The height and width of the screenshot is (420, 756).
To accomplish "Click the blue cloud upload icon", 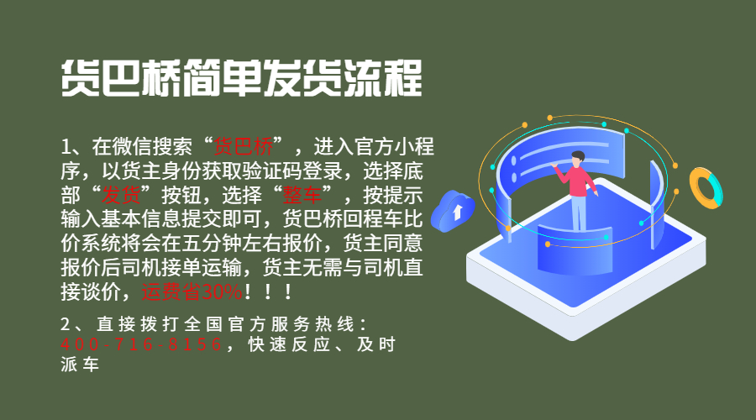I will click(x=453, y=211).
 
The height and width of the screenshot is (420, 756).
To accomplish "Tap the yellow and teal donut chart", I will click(x=706, y=188).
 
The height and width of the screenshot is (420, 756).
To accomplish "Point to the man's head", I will click(x=578, y=157).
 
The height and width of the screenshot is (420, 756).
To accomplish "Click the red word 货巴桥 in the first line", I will click(x=244, y=146).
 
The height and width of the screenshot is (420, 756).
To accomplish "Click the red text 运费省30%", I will click(x=192, y=292).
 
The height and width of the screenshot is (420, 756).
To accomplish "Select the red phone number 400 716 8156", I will click(x=142, y=344).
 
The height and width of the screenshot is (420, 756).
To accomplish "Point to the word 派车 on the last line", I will click(x=81, y=365).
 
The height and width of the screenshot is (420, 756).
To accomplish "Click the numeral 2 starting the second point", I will click(x=66, y=324).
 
